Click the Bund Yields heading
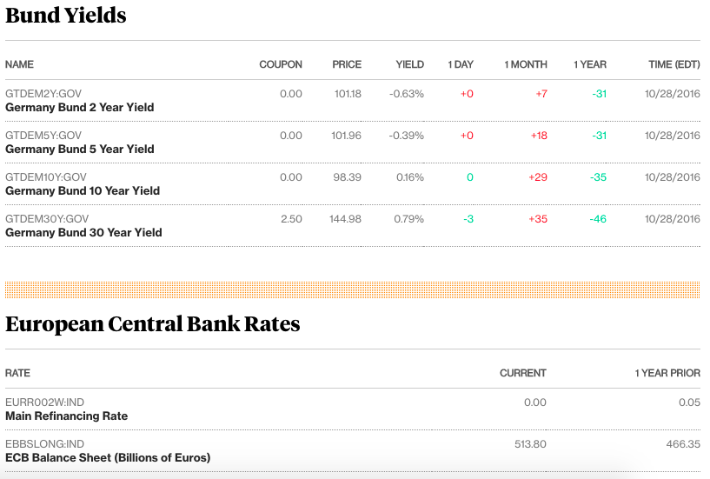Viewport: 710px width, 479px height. tap(66, 16)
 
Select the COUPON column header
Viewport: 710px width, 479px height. tap(281, 64)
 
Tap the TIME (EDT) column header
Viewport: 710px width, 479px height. tap(674, 64)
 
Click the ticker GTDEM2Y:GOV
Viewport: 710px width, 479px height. tap(43, 94)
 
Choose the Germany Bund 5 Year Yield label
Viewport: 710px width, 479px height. tap(80, 149)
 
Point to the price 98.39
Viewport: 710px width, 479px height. tap(348, 177)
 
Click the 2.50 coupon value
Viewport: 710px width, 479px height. tap(291, 219)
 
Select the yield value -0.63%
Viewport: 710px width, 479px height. tap(407, 94)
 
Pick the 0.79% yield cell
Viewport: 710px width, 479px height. tap(408, 219)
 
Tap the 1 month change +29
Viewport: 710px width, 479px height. tap(537, 177)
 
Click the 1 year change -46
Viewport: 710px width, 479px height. tap(597, 219)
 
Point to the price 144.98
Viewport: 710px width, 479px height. tap(345, 219)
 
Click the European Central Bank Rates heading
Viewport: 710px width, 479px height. tap(153, 324)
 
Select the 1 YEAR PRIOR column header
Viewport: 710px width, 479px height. tap(667, 373)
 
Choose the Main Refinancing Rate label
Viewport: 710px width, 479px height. tap(66, 416)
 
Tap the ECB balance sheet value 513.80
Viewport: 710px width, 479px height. tap(530, 444)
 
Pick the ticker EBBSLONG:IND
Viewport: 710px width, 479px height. tap(44, 444)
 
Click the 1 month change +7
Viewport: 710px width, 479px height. tap(541, 94)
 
